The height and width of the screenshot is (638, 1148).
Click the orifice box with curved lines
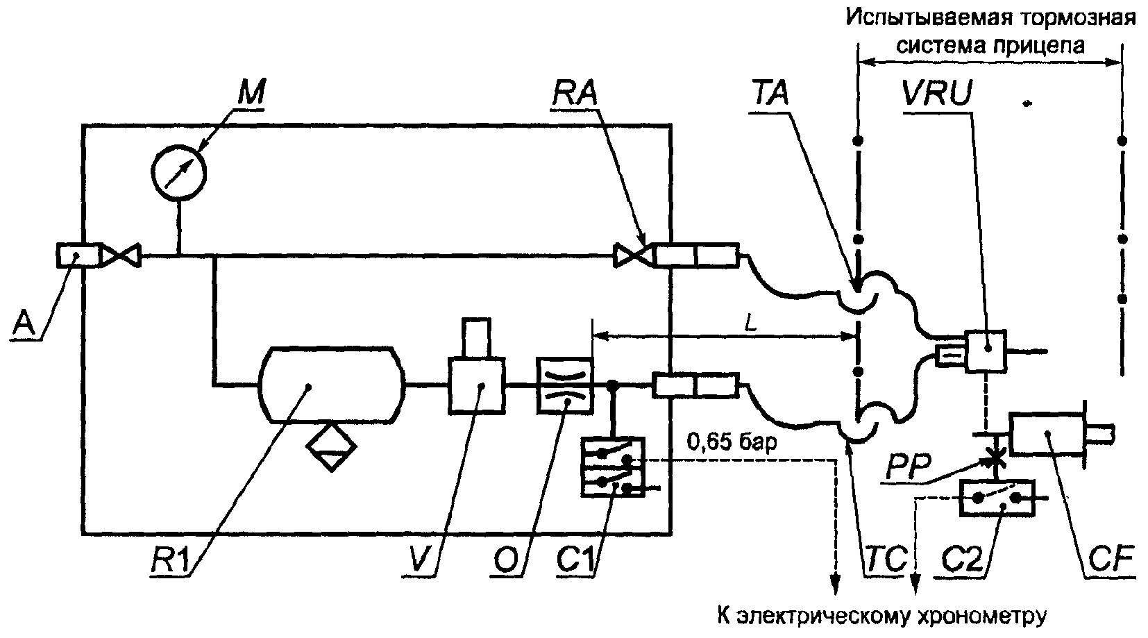[x=564, y=385]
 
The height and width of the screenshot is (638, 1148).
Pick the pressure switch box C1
[x=613, y=467]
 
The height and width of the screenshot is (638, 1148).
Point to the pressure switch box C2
[x=997, y=498]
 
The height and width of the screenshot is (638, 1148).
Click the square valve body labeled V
[x=477, y=385]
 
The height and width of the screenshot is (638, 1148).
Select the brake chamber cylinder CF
[x=1047, y=434]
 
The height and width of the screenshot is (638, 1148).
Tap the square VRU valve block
[x=986, y=351]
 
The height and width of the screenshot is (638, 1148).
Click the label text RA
[x=575, y=94]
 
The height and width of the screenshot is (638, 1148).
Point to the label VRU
[x=938, y=94]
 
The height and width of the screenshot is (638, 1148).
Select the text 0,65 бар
[x=732, y=442]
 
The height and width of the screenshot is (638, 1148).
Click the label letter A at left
[x=23, y=324]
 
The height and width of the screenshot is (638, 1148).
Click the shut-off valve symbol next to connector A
[x=121, y=256]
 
